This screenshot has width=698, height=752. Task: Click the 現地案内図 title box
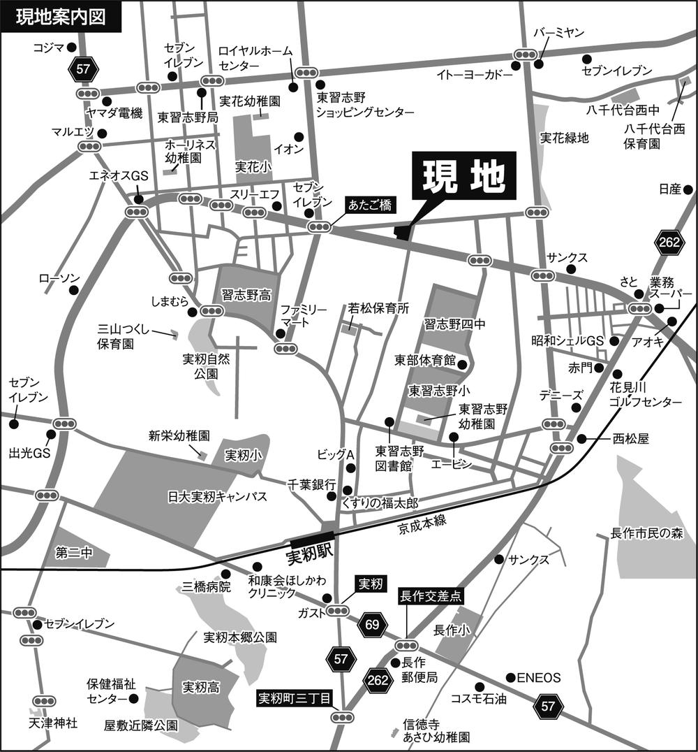pyautogui.click(x=61, y=17)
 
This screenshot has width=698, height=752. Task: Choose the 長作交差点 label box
pyautogui.click(x=430, y=597)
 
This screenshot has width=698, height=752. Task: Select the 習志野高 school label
pyautogui.click(x=246, y=296)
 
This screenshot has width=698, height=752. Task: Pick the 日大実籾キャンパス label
pyautogui.click(x=218, y=496)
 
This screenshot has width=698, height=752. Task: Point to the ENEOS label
pyautogui.click(x=539, y=677)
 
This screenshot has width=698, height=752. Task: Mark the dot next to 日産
pyautogui.click(x=688, y=189)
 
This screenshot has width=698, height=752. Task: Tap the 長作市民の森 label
pyautogui.click(x=647, y=534)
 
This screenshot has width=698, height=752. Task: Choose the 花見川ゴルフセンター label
pyautogui.click(x=646, y=396)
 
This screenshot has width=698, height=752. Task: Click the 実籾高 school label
pyautogui.click(x=200, y=688)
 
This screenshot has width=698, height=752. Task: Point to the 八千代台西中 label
pyautogui.click(x=633, y=110)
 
